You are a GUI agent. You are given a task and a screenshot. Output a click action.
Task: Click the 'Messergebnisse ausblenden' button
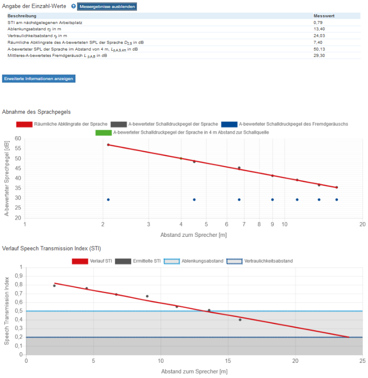pos(106,7)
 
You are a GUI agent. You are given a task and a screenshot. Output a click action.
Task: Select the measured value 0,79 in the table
pos(318,22)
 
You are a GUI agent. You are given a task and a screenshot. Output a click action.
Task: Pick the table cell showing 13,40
pos(319,29)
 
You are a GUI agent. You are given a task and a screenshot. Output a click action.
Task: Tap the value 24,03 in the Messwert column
pos(319,35)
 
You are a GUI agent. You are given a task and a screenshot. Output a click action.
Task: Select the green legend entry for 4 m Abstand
pos(182,132)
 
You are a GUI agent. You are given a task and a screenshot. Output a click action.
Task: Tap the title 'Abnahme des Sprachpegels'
pos(36,112)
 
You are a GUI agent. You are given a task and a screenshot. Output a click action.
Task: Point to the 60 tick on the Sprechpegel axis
pos(18,138)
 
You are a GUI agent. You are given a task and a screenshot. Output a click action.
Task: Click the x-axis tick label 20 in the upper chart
pos(362,224)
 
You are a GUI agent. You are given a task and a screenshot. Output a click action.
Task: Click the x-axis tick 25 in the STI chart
pos(362,361)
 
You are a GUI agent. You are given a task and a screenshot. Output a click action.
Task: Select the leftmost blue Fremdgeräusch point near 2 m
pos(108,200)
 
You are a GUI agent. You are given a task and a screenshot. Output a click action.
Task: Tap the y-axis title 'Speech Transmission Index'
pos(7,311)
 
